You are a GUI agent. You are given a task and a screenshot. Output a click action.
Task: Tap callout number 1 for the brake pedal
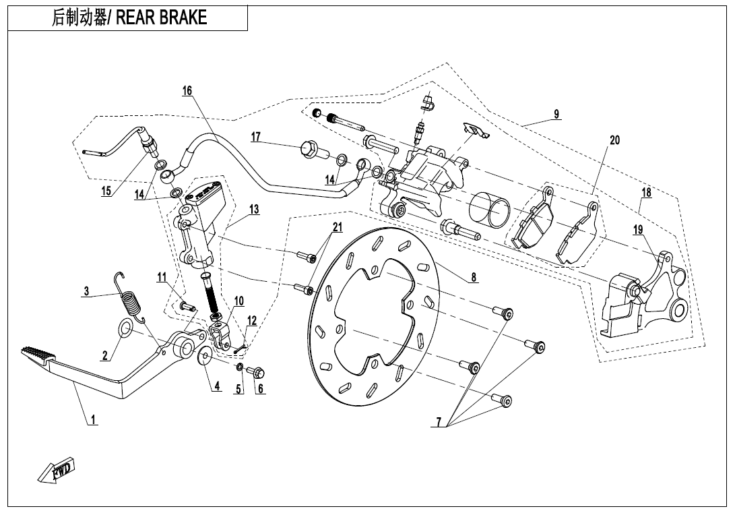pos(94,419)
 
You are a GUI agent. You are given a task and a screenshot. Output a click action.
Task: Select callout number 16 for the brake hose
pos(187,91)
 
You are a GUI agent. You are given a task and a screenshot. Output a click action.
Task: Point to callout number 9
pos(556,114)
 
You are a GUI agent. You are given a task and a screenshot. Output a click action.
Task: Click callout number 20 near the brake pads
pos(614,140)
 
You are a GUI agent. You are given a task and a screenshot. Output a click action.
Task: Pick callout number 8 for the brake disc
pos(474,276)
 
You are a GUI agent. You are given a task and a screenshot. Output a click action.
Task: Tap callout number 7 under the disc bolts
pos(439,422)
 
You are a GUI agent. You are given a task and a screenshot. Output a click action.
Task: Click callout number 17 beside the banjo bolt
pos(256,137)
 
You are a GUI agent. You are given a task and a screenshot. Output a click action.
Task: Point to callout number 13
pos(253,210)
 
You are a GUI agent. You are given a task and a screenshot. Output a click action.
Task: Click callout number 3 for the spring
pos(86,292)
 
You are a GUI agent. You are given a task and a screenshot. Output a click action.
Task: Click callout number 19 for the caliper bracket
pos(638,230)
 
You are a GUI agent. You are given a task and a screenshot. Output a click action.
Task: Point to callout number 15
pos(106,191)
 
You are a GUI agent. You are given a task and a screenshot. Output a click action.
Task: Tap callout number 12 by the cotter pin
pos(252,320)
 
